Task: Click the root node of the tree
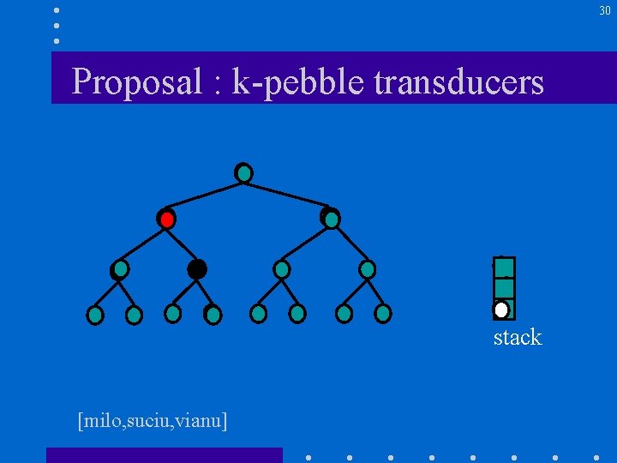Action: (244, 173)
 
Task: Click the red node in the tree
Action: (166, 219)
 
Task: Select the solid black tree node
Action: (197, 269)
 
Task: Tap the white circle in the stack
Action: (501, 310)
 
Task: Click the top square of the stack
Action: (505, 268)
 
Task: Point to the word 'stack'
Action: (518, 337)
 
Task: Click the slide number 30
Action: (604, 10)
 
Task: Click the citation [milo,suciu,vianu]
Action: (152, 421)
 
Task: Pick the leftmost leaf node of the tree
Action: (95, 316)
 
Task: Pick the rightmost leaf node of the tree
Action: (383, 314)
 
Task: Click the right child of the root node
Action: (331, 219)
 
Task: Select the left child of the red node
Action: (120, 269)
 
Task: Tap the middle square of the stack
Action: (505, 288)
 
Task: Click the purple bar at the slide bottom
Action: (164, 455)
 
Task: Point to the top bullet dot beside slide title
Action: (57, 10)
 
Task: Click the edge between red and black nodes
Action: (182, 244)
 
